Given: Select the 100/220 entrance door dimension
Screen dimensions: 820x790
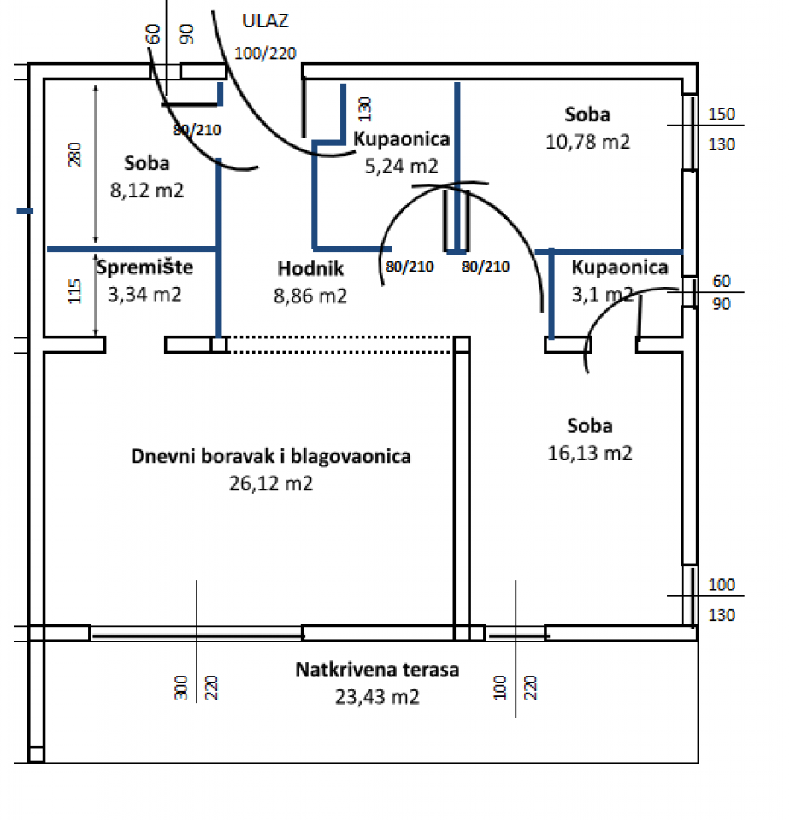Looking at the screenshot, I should pos(265,53).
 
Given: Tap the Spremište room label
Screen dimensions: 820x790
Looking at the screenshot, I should pos(144,267).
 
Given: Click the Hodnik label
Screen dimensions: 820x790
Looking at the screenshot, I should pos(310,269).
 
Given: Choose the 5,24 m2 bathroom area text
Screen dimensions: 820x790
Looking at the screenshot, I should pos(402,166).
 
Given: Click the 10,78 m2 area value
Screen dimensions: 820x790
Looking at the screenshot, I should pos(588,141).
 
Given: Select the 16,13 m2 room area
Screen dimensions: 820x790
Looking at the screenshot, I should pos(590,454).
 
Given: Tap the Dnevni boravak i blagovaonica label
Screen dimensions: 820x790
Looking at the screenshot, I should pos(271,456).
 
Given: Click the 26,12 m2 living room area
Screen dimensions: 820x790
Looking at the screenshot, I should pos(270,483).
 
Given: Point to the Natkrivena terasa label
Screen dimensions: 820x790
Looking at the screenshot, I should pos(377,670).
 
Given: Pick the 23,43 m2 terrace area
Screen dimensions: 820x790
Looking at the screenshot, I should pos(377,696).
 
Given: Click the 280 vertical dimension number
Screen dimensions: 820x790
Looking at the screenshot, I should pos(74,155).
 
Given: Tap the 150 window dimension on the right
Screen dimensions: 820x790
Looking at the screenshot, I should pos(722,114).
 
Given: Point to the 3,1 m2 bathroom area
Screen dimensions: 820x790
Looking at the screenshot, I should pos(603,295).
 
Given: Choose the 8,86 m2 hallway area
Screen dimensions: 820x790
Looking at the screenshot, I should pos(311,296).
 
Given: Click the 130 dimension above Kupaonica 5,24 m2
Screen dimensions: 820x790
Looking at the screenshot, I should pos(365,108).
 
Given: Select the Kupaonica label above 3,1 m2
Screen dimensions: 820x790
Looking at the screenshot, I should pos(620,267).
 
